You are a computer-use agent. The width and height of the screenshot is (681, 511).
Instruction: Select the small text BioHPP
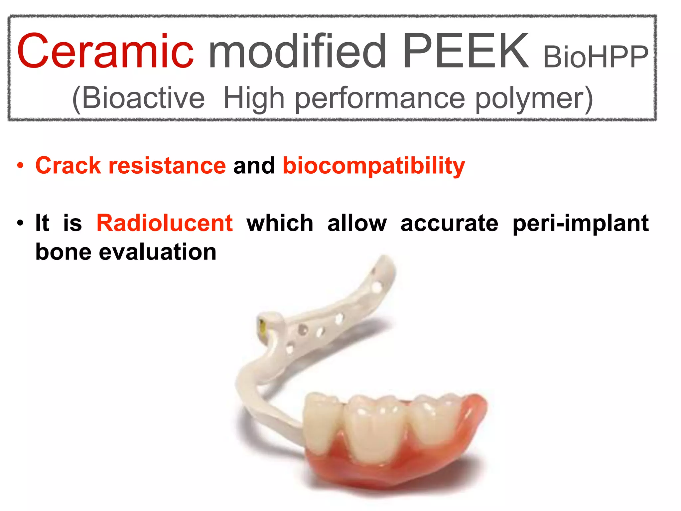(x=596, y=57)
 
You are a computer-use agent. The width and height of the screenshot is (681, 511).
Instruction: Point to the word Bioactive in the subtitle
(x=139, y=98)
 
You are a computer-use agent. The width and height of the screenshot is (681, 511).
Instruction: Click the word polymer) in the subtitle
(x=534, y=98)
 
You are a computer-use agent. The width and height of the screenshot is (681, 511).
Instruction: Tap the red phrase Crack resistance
(x=131, y=165)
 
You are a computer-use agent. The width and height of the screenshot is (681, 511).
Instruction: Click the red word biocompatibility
(x=374, y=166)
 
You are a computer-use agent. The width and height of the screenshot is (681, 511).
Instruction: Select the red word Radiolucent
(x=165, y=223)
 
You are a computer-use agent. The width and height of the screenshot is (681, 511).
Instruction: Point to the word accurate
(x=449, y=223)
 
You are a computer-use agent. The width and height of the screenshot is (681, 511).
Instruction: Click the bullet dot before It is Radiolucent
(x=21, y=223)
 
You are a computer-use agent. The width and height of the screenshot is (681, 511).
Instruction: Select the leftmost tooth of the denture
(x=322, y=419)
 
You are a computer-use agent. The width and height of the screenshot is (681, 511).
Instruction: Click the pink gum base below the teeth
(x=392, y=476)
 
